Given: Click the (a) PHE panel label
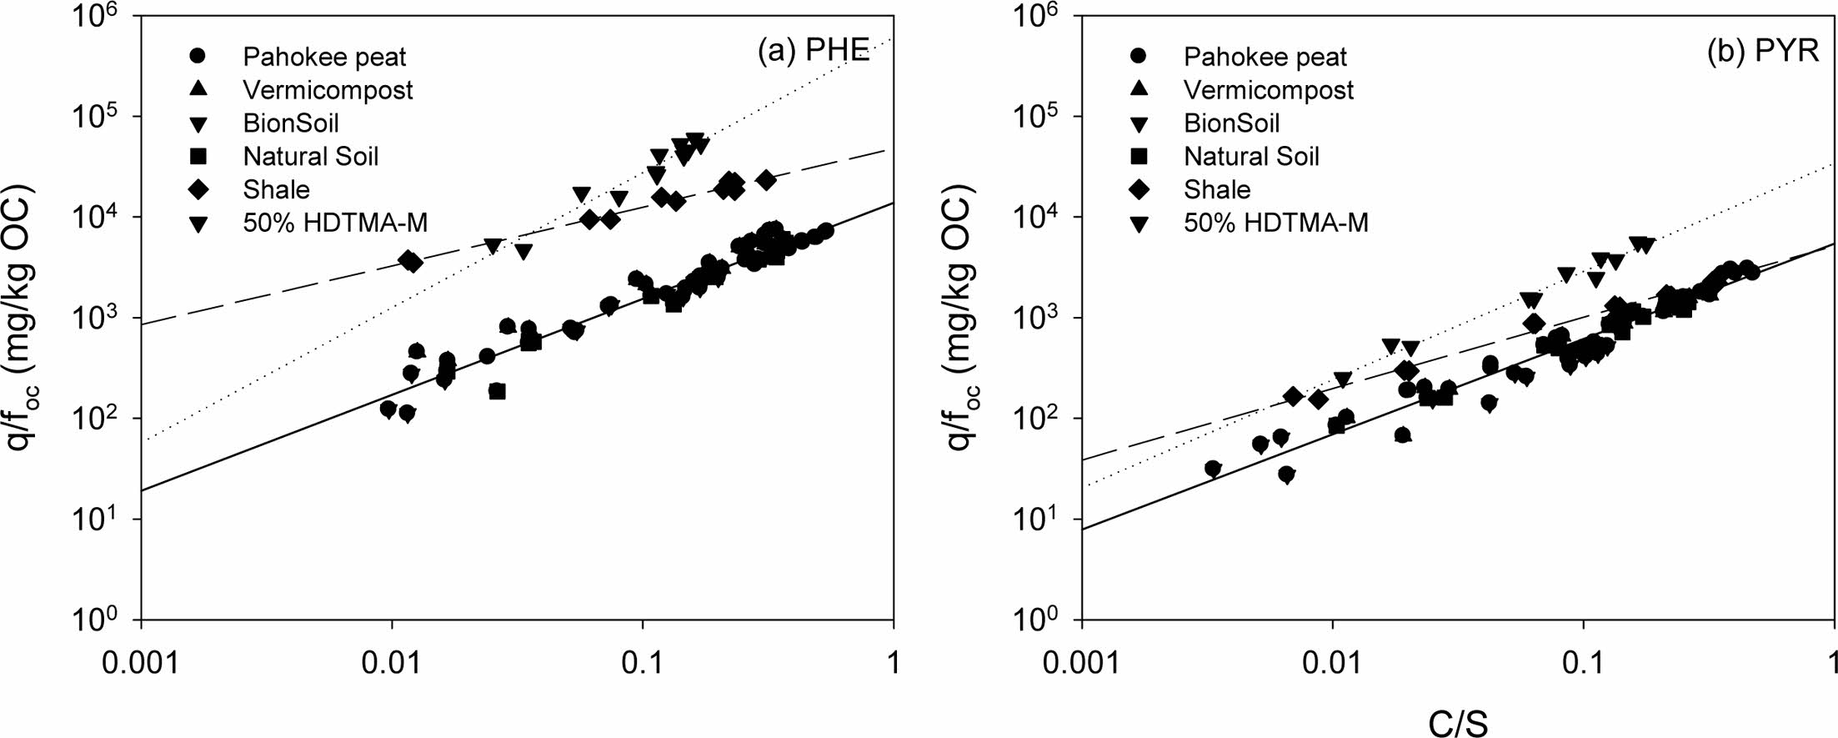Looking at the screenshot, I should tap(813, 52).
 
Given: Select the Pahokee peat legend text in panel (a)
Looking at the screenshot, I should tap(324, 57).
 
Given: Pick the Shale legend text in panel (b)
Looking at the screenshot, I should tap(1217, 190).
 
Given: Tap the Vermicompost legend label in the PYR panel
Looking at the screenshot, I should tap(1269, 90).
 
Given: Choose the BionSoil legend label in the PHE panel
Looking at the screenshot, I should tap(291, 123).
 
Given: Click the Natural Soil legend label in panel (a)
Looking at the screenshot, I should tap(310, 157).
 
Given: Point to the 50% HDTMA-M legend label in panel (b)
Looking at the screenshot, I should tap(1276, 223).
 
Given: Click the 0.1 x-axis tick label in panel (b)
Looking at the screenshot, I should tap(1583, 662).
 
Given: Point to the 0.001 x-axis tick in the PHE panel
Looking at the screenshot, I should tap(141, 662).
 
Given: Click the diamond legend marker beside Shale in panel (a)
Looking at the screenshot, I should tap(199, 190).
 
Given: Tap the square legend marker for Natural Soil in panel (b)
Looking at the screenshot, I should tap(1139, 157).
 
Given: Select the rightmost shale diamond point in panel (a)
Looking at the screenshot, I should tap(766, 180).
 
